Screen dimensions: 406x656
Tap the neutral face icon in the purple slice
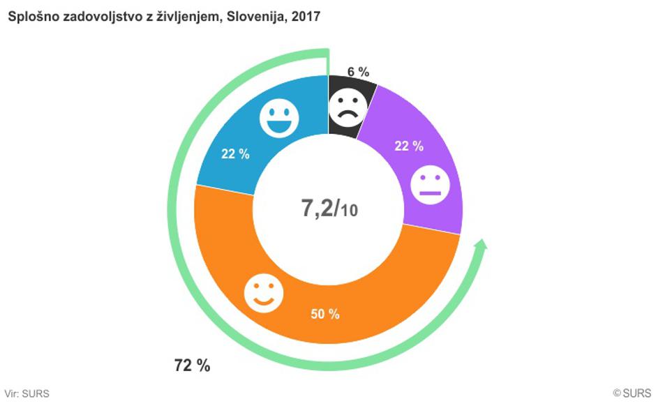tap(430, 186)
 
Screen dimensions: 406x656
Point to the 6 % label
tap(357, 71)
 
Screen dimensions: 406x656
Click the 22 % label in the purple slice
tap(410, 146)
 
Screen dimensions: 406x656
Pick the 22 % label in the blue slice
tap(235, 154)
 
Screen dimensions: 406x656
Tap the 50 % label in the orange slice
tap(325, 314)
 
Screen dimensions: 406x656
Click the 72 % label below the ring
tap(192, 365)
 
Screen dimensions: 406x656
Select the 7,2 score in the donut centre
tap(315, 208)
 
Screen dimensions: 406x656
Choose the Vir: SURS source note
tap(27, 394)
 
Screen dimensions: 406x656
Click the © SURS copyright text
tap(632, 394)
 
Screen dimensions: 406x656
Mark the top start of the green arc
tap(327, 52)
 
